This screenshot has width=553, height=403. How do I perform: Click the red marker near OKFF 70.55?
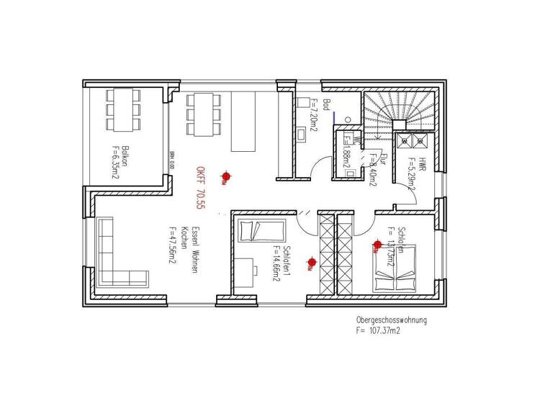click(226, 176)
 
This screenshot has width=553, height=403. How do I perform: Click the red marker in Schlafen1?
click(311, 262)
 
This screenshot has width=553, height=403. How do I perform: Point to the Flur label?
click(384, 159)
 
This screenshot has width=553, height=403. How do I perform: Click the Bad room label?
click(326, 106)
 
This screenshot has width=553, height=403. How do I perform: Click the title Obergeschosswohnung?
click(391, 320)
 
